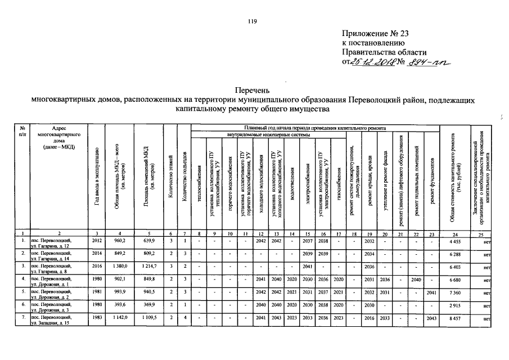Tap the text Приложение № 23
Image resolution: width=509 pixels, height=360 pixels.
tap(376, 33)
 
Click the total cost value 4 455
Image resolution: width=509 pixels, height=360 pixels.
tap(455, 241)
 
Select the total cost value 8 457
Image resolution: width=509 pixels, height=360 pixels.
tap(455, 318)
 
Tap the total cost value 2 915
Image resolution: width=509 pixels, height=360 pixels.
tap(455, 305)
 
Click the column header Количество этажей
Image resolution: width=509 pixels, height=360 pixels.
tap(170, 180)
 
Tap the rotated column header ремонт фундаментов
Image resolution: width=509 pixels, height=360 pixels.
tap(431, 180)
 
